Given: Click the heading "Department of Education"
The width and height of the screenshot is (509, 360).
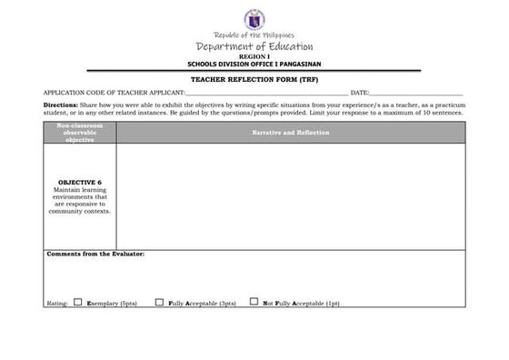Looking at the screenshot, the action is (254, 46).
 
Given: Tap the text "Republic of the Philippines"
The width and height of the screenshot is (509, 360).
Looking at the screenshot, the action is (254, 35).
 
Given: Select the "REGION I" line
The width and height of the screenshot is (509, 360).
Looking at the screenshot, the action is (254, 56).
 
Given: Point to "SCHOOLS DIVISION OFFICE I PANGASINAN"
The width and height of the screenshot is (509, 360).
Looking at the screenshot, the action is (254, 63).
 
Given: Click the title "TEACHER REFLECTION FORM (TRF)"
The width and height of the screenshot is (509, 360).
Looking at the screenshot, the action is (254, 79).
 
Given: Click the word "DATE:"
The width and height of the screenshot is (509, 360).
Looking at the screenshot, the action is (360, 93).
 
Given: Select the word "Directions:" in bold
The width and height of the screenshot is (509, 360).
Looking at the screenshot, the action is (61, 105).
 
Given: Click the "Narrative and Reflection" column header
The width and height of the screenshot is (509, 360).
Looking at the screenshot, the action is (291, 133).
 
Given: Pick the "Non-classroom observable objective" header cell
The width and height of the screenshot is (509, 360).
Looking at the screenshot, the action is (80, 133).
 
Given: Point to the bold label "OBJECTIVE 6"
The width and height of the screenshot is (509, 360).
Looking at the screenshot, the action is (80, 182).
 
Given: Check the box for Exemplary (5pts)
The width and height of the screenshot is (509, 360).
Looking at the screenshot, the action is (77, 301).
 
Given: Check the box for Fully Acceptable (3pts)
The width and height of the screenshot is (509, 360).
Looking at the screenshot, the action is (159, 301).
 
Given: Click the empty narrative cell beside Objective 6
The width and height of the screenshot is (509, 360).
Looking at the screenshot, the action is (291, 195).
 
